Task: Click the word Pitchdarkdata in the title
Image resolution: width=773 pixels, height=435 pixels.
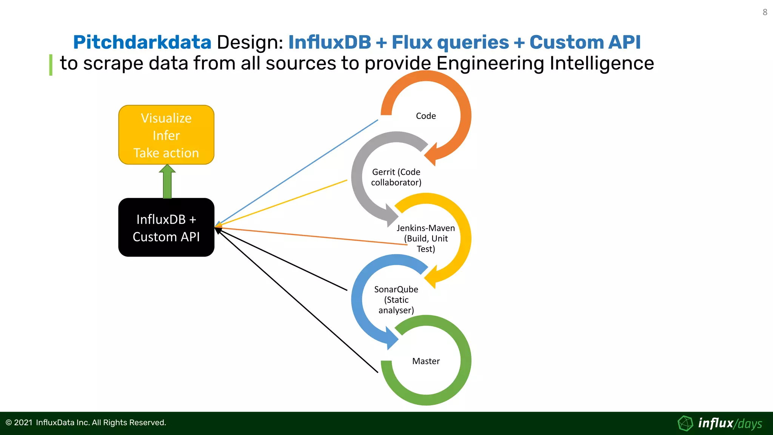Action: (142, 42)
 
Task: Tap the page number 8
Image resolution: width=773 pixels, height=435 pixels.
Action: (765, 12)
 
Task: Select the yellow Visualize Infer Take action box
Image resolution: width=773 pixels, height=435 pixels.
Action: (166, 135)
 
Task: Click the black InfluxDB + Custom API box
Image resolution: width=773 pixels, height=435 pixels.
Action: (166, 228)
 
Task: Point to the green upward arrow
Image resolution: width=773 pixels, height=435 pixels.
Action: (167, 182)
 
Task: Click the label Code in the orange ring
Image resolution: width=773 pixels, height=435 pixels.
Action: (426, 116)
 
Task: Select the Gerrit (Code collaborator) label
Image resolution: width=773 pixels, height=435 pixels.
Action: (396, 177)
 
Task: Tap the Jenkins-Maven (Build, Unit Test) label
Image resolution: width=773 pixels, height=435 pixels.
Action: (426, 238)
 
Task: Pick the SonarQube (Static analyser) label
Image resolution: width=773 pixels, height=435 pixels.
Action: (396, 300)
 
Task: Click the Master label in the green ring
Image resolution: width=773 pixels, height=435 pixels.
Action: (426, 361)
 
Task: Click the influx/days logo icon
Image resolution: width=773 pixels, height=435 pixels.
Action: (685, 423)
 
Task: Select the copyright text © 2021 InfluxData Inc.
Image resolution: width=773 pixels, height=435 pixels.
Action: (86, 423)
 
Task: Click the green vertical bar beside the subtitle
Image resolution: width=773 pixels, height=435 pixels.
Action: (51, 65)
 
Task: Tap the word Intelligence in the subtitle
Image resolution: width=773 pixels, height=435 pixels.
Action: (602, 63)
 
